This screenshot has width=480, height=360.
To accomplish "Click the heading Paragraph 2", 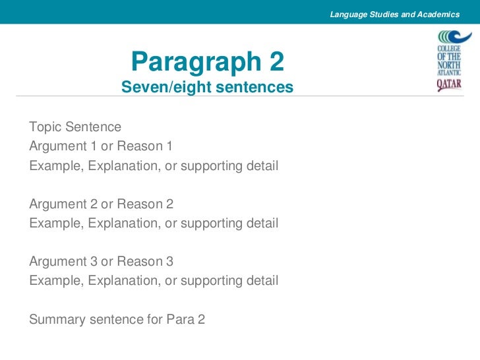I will [x=208, y=62].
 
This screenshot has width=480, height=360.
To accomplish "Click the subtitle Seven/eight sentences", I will [x=208, y=86].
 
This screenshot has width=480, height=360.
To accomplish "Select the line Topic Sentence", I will [x=75, y=127].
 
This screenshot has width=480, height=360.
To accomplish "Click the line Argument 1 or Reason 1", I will [x=101, y=146].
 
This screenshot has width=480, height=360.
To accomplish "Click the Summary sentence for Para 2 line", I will [x=117, y=320].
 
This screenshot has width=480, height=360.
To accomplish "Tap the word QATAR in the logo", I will [x=449, y=84].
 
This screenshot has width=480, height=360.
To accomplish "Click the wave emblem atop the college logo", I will [x=450, y=37].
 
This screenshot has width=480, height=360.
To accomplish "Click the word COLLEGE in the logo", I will [x=450, y=49].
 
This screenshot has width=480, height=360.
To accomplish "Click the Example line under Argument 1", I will [x=154, y=165].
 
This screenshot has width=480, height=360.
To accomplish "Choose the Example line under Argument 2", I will [x=154, y=223].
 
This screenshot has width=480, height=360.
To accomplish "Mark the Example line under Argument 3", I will [x=154, y=281].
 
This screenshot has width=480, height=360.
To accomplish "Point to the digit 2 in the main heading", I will [x=276, y=62].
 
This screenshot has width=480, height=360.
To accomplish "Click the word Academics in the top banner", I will [x=437, y=14].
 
